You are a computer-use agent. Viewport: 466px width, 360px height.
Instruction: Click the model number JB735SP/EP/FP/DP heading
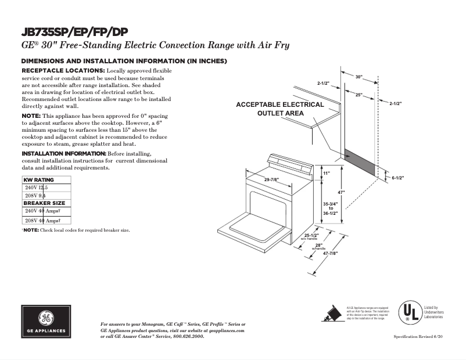click(74, 32)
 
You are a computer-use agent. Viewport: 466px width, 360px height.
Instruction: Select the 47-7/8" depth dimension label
click(330, 253)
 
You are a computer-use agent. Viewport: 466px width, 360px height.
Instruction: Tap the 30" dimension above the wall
click(359, 77)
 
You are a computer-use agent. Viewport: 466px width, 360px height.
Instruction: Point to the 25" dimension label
click(359, 94)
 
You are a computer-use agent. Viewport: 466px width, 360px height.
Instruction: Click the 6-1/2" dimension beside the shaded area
click(397, 178)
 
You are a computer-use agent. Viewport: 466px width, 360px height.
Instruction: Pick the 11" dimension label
click(326, 173)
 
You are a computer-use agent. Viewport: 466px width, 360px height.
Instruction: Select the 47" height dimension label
click(342, 192)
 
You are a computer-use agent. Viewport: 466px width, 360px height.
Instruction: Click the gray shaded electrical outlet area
click(359, 161)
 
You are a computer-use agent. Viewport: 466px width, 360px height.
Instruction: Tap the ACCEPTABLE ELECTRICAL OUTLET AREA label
click(280, 109)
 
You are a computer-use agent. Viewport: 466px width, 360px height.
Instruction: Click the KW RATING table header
click(38, 180)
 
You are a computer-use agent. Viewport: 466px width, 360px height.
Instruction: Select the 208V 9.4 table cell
click(36, 196)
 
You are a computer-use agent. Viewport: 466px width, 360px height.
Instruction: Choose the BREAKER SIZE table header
click(44, 203)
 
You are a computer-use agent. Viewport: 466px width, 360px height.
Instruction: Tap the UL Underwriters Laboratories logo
click(409, 312)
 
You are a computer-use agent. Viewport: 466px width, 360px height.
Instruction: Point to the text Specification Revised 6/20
click(418, 337)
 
